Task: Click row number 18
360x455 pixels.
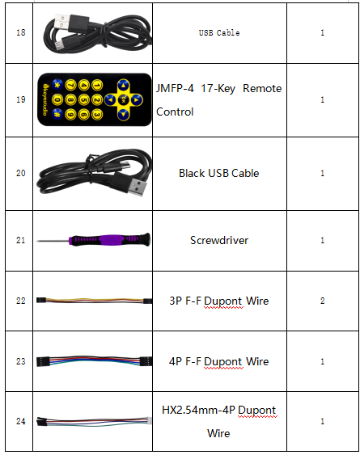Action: [x=21, y=32]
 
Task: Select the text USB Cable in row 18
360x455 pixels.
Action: [x=219, y=33]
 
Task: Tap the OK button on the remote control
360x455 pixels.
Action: [x=123, y=99]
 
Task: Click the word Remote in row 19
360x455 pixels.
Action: [x=262, y=88]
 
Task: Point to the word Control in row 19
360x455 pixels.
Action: [x=175, y=112]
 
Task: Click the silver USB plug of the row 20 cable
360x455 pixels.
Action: [x=138, y=187]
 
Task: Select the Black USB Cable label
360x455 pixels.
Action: [x=218, y=173]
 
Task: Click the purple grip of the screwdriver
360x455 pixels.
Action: [x=110, y=240]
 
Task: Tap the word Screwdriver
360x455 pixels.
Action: [x=219, y=240]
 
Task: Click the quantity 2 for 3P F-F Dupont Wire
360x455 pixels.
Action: [x=322, y=301]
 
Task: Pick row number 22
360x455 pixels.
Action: [x=21, y=301]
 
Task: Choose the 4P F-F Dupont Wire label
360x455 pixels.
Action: [x=218, y=361]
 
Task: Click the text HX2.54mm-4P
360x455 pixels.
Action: [x=198, y=410]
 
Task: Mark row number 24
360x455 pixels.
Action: [x=21, y=421]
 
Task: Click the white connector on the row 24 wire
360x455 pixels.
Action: [x=150, y=420]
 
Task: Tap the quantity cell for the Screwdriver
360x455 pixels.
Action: [x=323, y=241]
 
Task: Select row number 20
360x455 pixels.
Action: [x=21, y=173]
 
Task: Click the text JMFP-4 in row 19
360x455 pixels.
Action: [x=175, y=88]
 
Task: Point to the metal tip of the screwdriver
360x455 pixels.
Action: [x=53, y=241]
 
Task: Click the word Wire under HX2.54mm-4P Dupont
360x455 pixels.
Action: [x=218, y=433]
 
